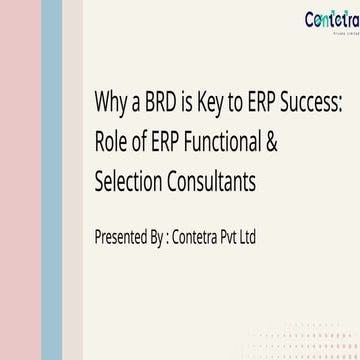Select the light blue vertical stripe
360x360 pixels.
click(49, 180)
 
